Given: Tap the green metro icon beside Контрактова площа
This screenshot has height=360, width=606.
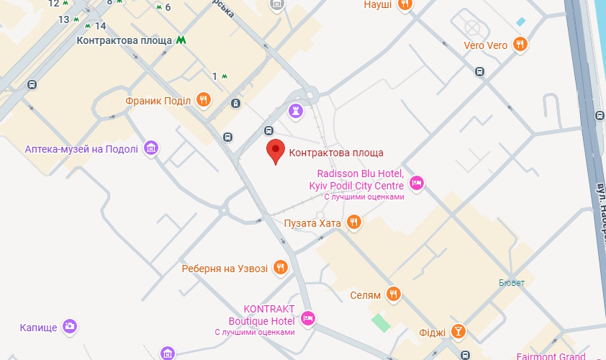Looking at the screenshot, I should (179, 40).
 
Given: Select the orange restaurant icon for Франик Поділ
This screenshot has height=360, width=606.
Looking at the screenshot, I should (204, 100).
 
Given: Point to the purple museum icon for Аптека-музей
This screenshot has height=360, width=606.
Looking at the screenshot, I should (151, 148).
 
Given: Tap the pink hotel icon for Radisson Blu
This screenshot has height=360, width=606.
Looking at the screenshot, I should (416, 184).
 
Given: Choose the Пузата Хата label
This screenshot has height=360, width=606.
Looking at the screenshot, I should (312, 223).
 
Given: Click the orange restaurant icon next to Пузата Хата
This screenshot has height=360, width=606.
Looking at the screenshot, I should (353, 222).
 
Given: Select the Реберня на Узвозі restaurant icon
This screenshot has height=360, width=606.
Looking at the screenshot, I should (281, 269).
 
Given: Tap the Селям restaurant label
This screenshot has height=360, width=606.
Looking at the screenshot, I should (365, 294).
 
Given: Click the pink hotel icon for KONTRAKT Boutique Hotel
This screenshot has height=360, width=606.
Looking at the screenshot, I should (308, 318).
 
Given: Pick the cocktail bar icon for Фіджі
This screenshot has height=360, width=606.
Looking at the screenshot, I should (458, 332).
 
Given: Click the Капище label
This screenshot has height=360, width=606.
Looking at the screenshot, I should (37, 328).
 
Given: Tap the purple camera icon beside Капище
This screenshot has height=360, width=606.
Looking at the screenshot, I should (70, 327).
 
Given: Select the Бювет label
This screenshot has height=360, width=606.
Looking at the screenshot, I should (512, 282).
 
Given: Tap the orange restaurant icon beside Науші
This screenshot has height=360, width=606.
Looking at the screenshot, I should (405, 4).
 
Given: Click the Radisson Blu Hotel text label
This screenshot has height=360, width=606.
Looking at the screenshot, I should (355, 180).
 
